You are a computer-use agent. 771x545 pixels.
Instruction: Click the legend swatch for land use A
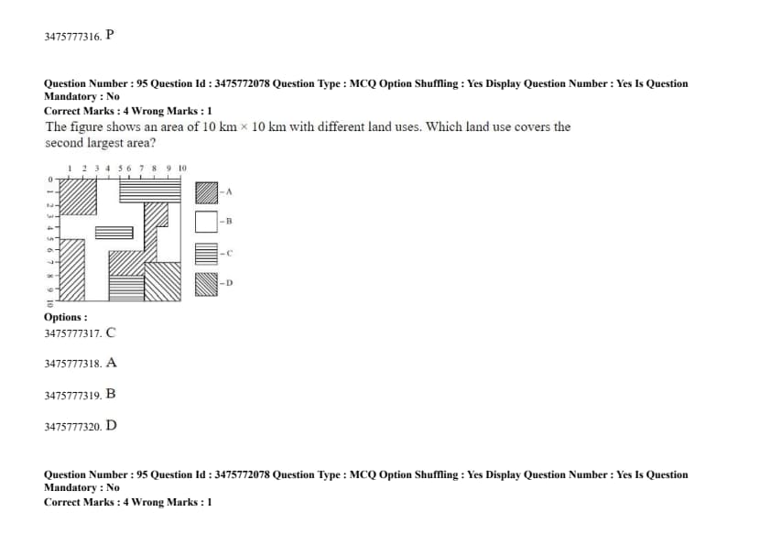pos(207,193)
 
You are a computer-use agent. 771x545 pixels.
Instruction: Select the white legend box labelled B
pos(207,222)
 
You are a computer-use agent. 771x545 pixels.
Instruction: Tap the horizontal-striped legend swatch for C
pos(207,254)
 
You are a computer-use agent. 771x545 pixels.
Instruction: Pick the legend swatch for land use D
pos(207,284)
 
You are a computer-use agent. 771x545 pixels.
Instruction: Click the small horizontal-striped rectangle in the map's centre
pos(114,233)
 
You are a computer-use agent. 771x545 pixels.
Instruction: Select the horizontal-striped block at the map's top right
pos(150,191)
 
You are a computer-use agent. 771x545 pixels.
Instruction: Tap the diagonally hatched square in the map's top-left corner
pos(78,197)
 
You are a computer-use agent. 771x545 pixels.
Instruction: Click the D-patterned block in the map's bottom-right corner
pos(163,281)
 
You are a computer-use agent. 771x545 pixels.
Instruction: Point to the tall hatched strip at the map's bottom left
pos(71,269)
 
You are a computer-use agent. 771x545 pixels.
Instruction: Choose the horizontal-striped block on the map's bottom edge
pos(126,288)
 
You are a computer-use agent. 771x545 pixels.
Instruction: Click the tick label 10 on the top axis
pos(182,169)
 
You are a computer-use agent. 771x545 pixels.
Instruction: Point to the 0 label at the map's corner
pos(50,180)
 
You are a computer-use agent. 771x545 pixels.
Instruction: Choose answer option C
pos(111,332)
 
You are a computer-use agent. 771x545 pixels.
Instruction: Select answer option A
pos(111,363)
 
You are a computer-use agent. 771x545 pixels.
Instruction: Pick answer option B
pos(111,394)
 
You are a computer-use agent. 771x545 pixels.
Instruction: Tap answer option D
pos(111,425)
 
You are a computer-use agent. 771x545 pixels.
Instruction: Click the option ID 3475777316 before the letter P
pos(72,37)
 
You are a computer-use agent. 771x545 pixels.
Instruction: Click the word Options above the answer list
pos(65,317)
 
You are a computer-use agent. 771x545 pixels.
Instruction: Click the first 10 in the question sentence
pos(209,127)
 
